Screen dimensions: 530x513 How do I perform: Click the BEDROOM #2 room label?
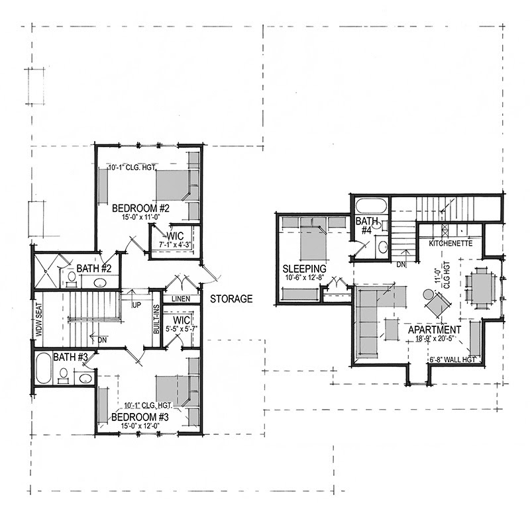coord(140,208)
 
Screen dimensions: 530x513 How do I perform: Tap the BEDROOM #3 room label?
coord(140,417)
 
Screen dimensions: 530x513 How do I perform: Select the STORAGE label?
coord(231,299)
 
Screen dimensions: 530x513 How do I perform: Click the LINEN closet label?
coord(181,299)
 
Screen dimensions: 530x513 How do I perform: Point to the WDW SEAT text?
coord(38,320)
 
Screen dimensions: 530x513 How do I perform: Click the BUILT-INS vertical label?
coord(156,320)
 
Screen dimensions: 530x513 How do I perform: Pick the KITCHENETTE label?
coord(450,243)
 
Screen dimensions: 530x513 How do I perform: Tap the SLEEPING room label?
coord(304,269)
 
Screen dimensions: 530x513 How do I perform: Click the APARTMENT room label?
coord(435,330)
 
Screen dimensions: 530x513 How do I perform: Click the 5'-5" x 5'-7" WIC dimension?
coord(181,328)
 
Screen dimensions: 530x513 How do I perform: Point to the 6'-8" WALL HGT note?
coord(453,360)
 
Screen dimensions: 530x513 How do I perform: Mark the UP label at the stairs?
coord(136,304)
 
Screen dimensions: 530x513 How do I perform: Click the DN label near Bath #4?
coord(401,265)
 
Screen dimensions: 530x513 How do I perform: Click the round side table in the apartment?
coord(429,294)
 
